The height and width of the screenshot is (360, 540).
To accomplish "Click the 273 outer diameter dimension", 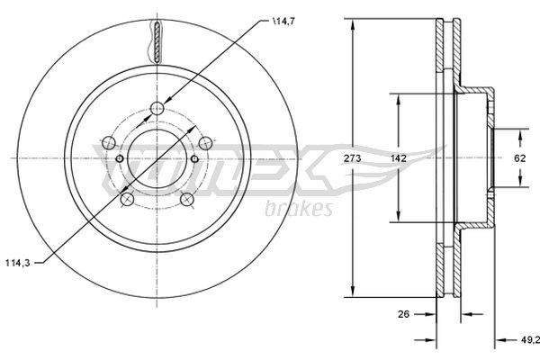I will pyautogui.click(x=355, y=157).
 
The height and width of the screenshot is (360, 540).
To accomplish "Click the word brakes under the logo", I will pyautogui.click(x=300, y=209).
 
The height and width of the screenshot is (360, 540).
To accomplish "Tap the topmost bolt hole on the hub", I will pyautogui.click(x=157, y=109).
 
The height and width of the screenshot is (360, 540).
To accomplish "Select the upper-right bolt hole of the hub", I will pyautogui.click(x=205, y=141).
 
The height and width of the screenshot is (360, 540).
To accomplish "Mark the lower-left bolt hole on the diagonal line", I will pyautogui.click(x=128, y=198).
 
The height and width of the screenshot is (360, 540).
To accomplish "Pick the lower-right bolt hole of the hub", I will pyautogui.click(x=186, y=198).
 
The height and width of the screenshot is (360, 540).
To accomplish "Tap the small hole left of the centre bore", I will pyautogui.click(x=121, y=158).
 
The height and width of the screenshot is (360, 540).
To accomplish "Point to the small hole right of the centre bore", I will pyautogui.click(x=194, y=158).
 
